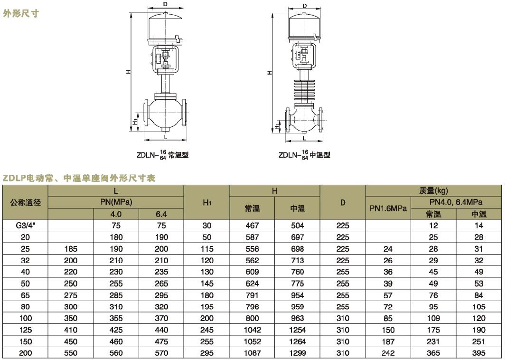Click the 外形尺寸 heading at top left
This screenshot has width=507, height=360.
pos(21,13)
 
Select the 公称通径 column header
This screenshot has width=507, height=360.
pos(25,203)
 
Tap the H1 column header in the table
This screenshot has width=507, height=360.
pos(207,203)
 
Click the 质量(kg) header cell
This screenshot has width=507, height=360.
pos(433,191)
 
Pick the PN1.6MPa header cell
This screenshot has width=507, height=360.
pos(388,208)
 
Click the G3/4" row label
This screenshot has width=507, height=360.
pos(25,226)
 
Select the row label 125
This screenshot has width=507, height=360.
pos(25,330)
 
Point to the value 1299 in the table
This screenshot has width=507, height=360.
pos(298,353)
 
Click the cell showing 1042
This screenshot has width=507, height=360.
pos(252,330)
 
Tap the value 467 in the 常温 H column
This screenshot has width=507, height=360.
pos(252,226)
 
